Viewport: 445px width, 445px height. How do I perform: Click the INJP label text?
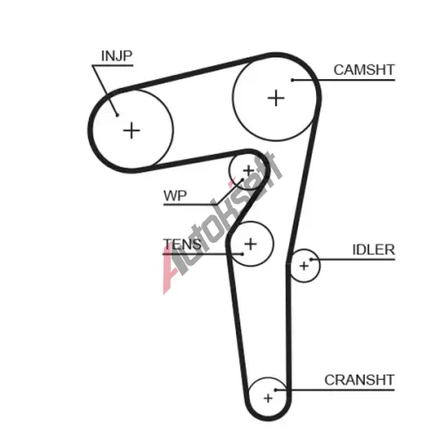[x=117, y=56]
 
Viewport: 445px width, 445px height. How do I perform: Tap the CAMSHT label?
[x=364, y=70]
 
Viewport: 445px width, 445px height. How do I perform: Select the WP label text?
[x=175, y=196]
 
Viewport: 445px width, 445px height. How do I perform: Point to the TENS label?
[x=182, y=244]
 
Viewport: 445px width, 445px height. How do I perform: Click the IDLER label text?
[x=374, y=250]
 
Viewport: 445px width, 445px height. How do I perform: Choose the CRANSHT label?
[x=360, y=380]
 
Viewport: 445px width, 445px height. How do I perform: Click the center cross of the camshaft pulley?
[x=276, y=98]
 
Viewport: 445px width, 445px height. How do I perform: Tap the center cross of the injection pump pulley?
[x=132, y=131]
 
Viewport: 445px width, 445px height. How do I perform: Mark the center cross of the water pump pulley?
[x=248, y=171]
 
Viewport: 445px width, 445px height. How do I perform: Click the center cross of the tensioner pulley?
[x=251, y=244]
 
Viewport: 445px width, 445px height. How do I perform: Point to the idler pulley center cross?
[x=304, y=266]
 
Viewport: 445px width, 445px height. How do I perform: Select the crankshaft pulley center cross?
[x=268, y=398]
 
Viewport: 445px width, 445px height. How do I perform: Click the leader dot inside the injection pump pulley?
[x=117, y=115]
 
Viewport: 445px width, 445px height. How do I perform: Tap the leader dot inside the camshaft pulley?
[x=292, y=80]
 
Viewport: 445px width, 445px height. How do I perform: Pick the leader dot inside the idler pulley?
[x=311, y=260]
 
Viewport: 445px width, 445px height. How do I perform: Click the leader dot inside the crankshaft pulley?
[x=275, y=390]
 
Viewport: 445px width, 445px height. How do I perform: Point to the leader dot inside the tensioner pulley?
[x=242, y=254]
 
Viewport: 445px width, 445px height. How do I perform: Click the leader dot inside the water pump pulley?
[x=242, y=180]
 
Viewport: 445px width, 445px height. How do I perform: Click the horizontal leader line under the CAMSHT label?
[x=344, y=80]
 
